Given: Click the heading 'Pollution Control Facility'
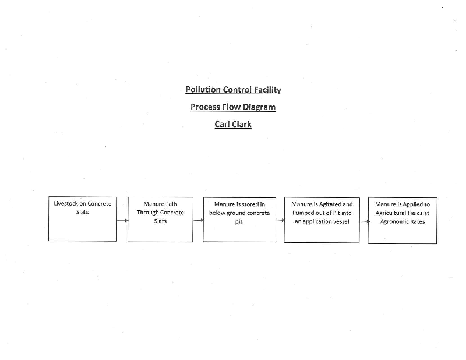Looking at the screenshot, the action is point(233,90).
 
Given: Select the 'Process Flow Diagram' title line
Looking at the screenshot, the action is point(233,107).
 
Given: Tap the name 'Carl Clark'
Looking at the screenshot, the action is point(233,124).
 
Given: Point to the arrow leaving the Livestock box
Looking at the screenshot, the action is point(122,220).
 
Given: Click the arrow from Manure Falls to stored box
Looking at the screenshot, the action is point(199,220).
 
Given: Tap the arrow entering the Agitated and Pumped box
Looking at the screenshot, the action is point(280,220).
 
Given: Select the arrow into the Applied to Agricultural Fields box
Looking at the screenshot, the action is point(365,221).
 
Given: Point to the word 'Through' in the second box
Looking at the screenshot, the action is point(147,213).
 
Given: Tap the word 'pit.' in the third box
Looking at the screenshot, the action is point(239,222).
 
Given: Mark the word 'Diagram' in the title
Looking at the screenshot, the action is point(259,107).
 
